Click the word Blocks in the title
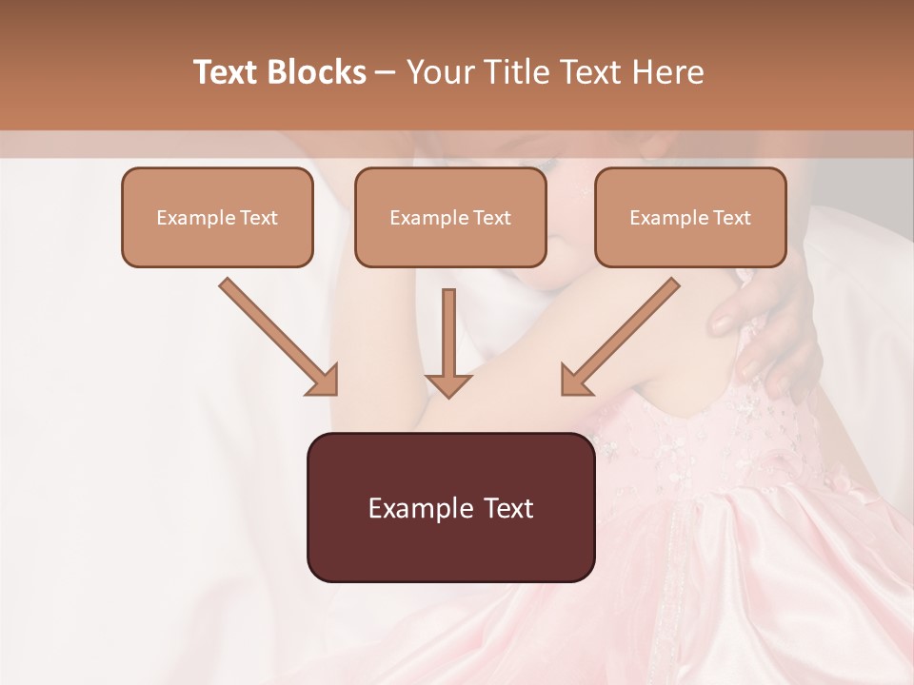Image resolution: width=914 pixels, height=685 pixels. click(318, 72)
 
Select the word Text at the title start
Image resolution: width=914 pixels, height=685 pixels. click(228, 72)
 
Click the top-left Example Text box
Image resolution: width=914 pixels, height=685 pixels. click(217, 217)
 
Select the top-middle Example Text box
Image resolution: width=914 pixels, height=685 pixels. click(450, 217)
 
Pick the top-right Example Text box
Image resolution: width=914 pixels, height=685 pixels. click(690, 217)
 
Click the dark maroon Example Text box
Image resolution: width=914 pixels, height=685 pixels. click(450, 507)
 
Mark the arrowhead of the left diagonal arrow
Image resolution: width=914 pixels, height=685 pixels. click(324, 381)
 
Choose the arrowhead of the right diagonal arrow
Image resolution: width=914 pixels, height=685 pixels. click(575, 381)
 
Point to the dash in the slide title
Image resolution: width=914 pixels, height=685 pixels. click(386, 73)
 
